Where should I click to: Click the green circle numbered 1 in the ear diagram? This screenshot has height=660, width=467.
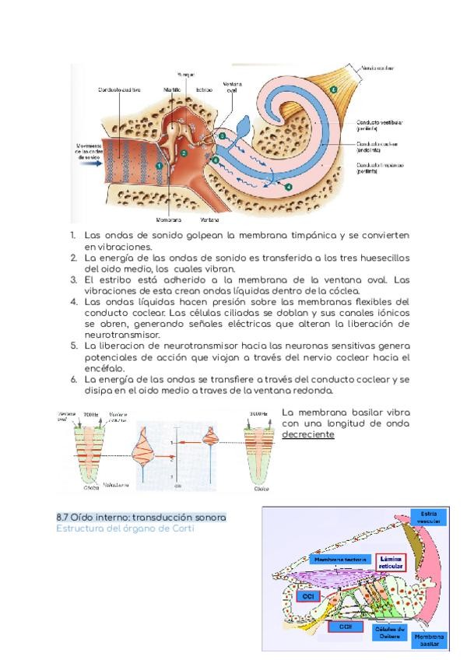click(159, 165)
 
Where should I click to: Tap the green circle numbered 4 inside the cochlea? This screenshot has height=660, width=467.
click(288, 187)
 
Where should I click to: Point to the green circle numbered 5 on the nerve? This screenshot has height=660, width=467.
click(333, 90)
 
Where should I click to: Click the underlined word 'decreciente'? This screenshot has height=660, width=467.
click(307, 434)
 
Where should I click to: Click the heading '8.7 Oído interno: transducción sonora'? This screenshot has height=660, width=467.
click(142, 518)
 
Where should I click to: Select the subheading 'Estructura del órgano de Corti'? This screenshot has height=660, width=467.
click(125, 529)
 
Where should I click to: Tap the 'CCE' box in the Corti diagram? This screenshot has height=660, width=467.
click(345, 625)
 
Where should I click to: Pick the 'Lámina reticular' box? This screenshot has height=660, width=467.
click(390, 562)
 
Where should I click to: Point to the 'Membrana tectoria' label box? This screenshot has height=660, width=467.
click(339, 559)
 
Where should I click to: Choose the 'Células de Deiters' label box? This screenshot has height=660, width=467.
click(390, 632)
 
